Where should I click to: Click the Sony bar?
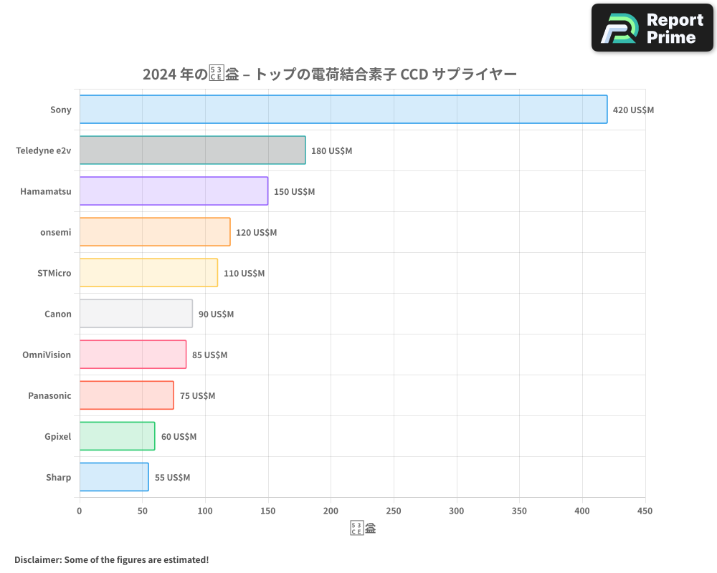[343, 110]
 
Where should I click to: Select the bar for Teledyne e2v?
[192, 150]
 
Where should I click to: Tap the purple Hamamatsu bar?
[174, 191]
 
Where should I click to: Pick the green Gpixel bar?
[117, 436]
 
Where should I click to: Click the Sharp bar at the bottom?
[114, 477]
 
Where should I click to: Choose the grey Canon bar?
[136, 314]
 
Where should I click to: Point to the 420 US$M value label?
[633, 110]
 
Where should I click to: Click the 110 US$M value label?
[244, 274]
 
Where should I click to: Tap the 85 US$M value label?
[209, 355]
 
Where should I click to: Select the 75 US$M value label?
[197, 396]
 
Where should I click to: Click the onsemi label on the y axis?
[56, 232]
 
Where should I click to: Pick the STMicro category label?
[54, 273]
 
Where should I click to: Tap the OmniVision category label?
[47, 355]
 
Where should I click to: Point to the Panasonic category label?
[49, 395]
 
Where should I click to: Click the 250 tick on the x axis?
[394, 511]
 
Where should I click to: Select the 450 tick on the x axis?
[645, 511]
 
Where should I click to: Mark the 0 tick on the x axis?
[80, 511]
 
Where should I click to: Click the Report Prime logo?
[652, 28]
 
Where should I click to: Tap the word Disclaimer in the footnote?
[37, 559]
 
